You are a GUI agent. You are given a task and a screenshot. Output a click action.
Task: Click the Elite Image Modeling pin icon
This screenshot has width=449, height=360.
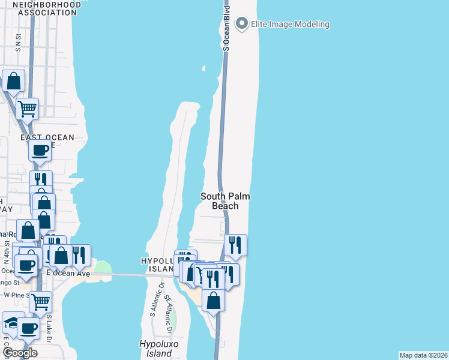243,24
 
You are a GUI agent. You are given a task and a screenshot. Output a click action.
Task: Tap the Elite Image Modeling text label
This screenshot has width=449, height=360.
291,24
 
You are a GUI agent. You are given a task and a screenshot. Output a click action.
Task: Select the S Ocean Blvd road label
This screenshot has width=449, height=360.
226,28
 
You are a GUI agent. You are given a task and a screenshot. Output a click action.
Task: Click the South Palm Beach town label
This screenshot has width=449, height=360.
225,201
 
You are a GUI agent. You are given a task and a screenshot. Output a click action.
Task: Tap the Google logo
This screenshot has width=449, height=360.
19,353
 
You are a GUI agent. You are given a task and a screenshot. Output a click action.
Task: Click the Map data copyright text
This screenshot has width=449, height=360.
424,355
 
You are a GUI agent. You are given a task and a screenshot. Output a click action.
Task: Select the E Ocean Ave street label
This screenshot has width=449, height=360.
68,274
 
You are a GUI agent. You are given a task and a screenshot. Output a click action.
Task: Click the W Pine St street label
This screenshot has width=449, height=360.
17,295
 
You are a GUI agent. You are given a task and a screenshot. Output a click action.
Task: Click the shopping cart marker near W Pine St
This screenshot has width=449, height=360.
40,302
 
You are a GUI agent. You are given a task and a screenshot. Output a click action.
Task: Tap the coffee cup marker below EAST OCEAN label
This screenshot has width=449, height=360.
40,151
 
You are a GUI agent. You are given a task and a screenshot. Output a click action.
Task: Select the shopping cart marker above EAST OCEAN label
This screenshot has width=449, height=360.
28,109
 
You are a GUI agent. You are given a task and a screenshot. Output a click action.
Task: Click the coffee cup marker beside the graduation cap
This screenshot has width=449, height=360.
28,329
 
